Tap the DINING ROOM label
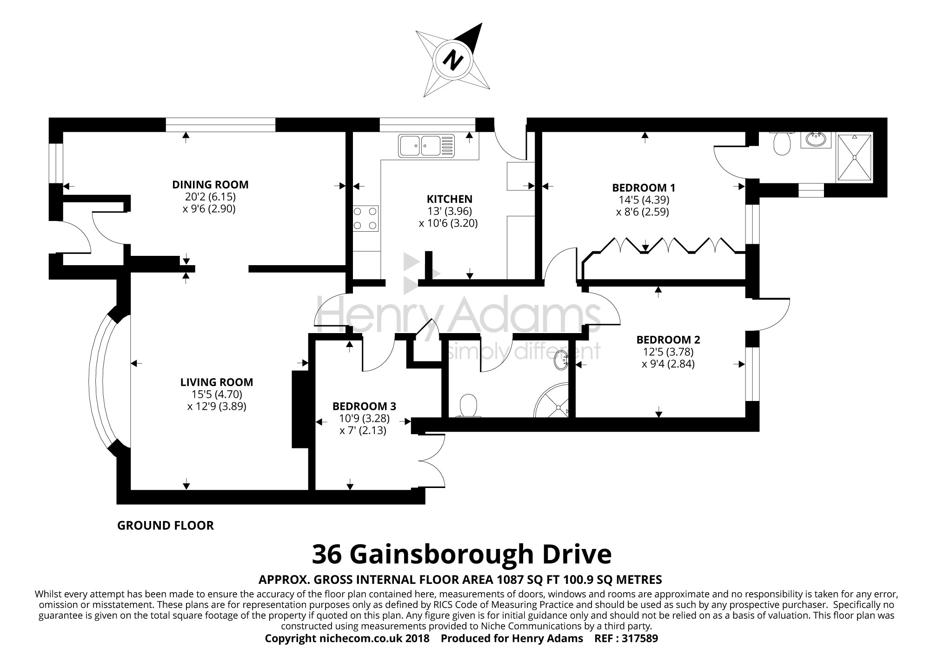[x=210, y=185]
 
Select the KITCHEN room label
[x=448, y=199]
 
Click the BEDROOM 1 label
[x=644, y=188]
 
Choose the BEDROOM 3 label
[x=364, y=406]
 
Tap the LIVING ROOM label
[x=217, y=382]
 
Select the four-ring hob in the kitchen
[x=365, y=219]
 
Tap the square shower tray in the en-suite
[x=855, y=157]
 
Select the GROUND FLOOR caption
[x=166, y=526]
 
